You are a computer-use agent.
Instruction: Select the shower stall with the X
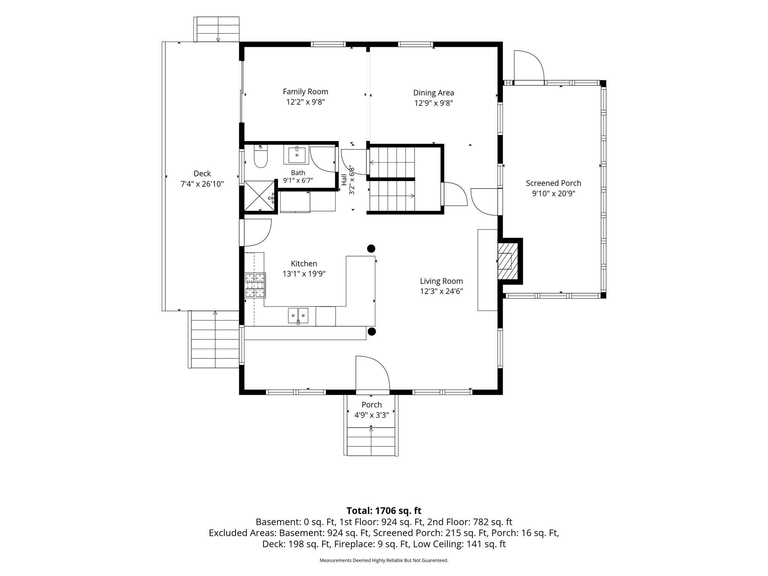click(x=259, y=196)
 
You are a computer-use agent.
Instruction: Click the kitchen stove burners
click(x=255, y=285)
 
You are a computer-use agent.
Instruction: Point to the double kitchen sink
click(x=298, y=315)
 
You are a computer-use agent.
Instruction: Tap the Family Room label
click(x=305, y=91)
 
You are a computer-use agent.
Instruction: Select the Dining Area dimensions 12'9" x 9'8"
click(x=433, y=103)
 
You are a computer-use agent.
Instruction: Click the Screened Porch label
click(x=553, y=183)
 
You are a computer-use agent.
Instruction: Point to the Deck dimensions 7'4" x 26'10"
click(x=202, y=184)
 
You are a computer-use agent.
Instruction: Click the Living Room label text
click(x=441, y=281)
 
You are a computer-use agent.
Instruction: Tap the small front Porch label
click(x=372, y=405)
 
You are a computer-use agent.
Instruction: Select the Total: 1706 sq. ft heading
click(x=384, y=511)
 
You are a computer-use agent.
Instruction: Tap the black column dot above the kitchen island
click(x=371, y=248)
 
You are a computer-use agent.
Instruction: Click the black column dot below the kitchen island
click(x=372, y=331)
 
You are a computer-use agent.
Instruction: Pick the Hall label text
click(x=344, y=180)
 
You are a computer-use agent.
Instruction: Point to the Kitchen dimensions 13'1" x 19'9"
click(x=304, y=274)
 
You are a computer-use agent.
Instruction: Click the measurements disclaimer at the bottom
click(x=384, y=560)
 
